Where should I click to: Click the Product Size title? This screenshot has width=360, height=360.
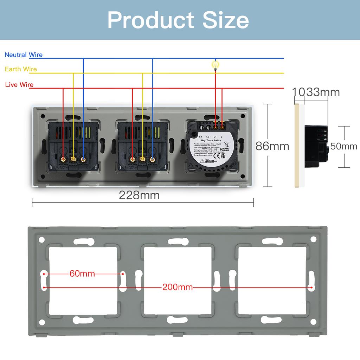178,20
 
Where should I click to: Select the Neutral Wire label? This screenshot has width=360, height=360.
24,55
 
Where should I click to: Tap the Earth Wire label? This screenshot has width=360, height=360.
21,69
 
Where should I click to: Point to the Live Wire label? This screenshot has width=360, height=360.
19,85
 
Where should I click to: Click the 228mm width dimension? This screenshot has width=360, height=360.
139,195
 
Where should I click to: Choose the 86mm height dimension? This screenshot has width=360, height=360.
272,146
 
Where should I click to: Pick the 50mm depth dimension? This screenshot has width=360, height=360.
344,146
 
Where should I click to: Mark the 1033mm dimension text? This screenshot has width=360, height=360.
316,92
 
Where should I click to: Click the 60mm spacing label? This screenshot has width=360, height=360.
82,274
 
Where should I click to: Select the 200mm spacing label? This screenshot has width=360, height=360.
178,287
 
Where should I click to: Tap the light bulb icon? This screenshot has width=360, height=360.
215,65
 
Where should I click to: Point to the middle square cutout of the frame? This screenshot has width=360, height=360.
178,280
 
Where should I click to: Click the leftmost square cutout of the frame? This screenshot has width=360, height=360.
83,280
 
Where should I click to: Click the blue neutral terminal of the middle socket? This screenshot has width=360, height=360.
153,159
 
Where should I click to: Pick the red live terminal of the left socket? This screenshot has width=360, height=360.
63,159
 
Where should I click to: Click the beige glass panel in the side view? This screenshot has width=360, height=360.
297,146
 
